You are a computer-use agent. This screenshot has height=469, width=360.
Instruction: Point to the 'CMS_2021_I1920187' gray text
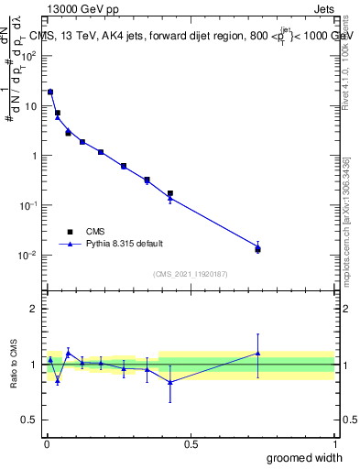coord(191,273)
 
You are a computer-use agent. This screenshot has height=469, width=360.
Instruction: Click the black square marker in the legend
coord(70,232)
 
